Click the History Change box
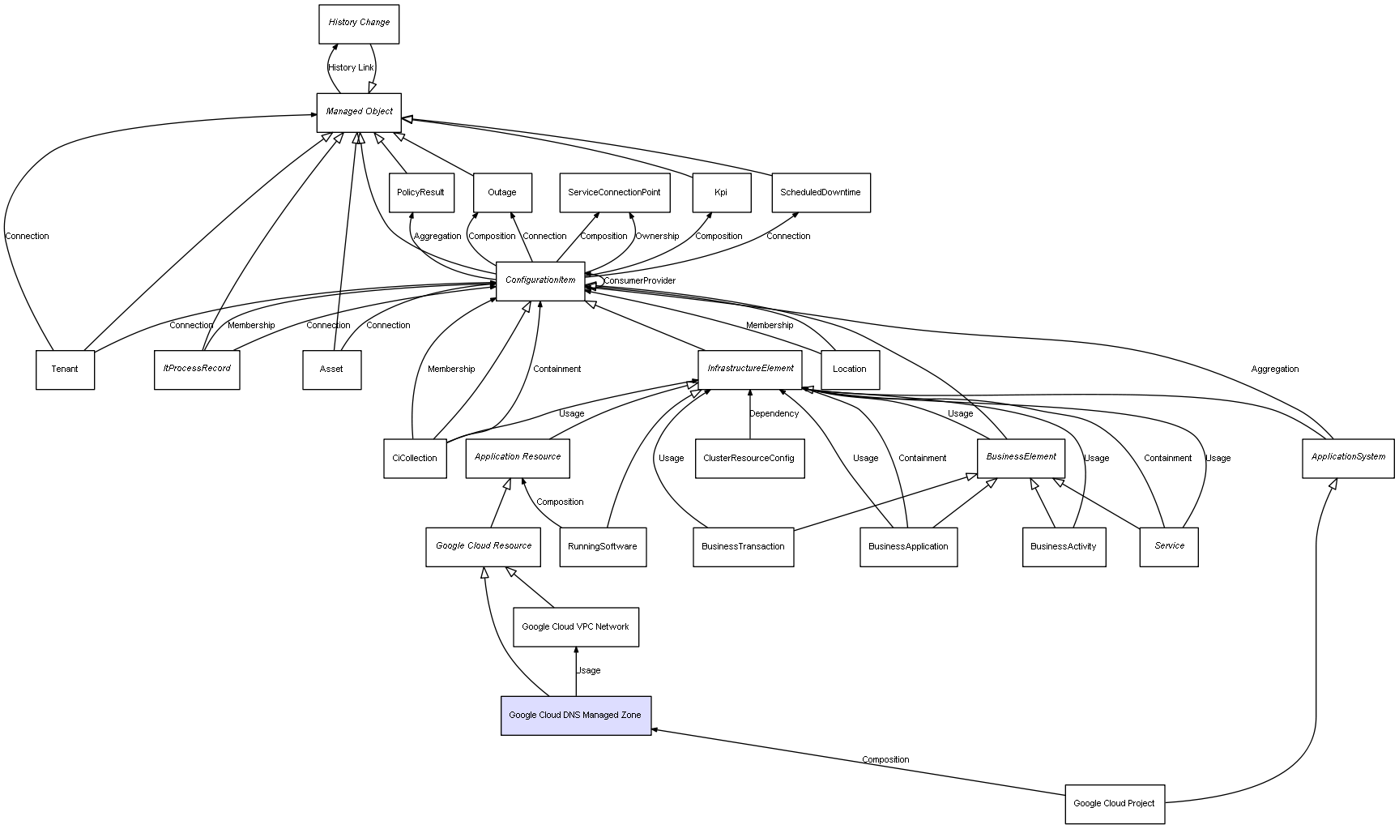[x=359, y=24]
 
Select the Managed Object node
[x=359, y=112]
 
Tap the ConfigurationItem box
[x=540, y=281]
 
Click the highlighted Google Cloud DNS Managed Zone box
[x=575, y=716]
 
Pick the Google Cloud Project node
[x=1114, y=804]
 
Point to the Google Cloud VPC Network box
[x=575, y=627]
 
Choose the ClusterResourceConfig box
[x=749, y=459]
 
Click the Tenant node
[x=65, y=370]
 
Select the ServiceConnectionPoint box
[x=614, y=193]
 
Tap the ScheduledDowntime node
[x=821, y=193]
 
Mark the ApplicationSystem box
[x=1348, y=458]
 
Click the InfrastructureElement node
[x=750, y=370]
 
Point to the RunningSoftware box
[x=603, y=547]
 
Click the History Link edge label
[x=352, y=68]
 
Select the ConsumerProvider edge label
[x=640, y=281]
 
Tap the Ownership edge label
[x=657, y=237]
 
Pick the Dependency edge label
[x=774, y=414]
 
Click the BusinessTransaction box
[x=743, y=547]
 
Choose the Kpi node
[x=721, y=193]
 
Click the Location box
[x=850, y=370]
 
